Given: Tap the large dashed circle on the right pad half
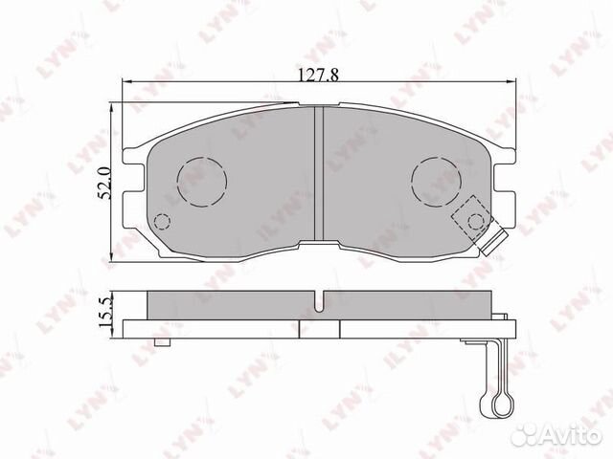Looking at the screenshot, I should point(435,179).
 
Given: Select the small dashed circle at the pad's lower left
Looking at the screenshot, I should point(162,222).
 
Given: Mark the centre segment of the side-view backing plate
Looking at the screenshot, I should point(319,328).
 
